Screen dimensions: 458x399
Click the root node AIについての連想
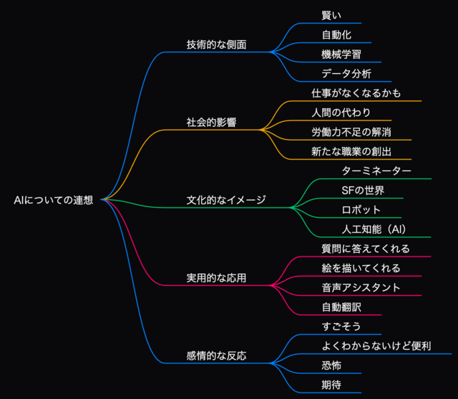[54, 201]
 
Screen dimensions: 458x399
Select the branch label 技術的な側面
[216, 44]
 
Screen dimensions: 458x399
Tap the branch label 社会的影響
[212, 122]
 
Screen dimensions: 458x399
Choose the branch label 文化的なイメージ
[226, 201]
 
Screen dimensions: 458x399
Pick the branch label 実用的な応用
[216, 278]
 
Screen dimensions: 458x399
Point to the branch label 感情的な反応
[216, 356]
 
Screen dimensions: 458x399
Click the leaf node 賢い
[331, 16]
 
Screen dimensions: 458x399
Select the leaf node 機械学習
[341, 54]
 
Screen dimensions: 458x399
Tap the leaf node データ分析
[346, 74]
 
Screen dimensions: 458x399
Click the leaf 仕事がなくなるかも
[356, 93]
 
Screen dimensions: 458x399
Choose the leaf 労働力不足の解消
[351, 132]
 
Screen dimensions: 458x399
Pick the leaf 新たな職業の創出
[351, 152]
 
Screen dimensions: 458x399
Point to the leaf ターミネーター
[376, 171]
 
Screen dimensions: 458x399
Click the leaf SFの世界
[363, 191]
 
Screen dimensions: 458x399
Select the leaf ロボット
[361, 210]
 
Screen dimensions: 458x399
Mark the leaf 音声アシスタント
[361, 288]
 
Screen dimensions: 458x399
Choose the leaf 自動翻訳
[341, 307]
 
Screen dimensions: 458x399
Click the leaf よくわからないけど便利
[376, 346]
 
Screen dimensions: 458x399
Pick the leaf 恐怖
[331, 365]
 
